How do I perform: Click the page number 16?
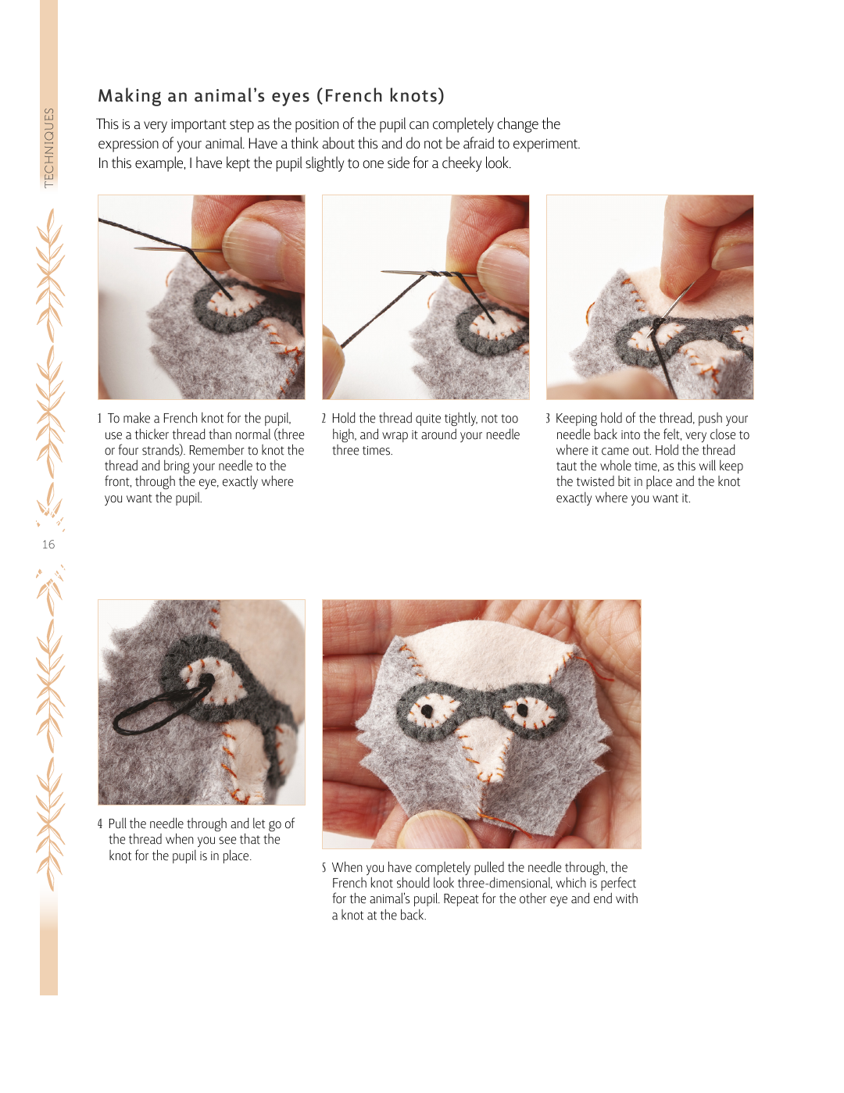click(x=48, y=545)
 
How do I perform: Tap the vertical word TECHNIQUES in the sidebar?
click(x=48, y=148)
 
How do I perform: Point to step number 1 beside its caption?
click(x=99, y=419)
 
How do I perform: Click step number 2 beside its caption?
click(x=324, y=419)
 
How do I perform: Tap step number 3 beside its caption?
click(x=549, y=419)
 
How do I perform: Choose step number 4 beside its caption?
click(x=100, y=824)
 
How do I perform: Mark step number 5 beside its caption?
click(x=324, y=868)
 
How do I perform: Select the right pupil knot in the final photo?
click(x=522, y=710)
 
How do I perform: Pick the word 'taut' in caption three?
click(x=566, y=466)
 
